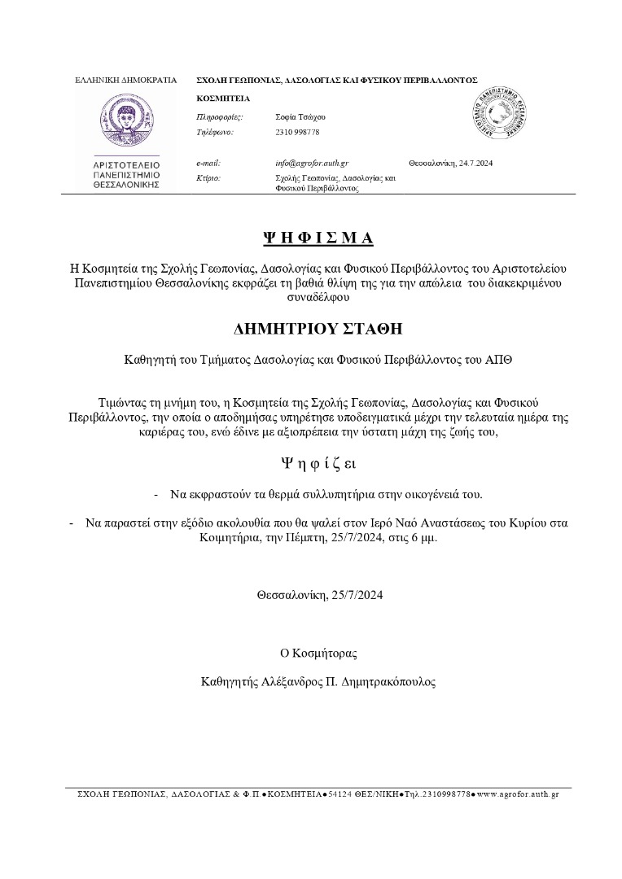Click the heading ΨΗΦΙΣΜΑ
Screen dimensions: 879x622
click(318, 238)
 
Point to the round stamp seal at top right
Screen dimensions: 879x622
click(502, 117)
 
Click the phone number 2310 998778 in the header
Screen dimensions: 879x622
click(297, 131)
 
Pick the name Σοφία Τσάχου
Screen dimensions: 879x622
click(300, 117)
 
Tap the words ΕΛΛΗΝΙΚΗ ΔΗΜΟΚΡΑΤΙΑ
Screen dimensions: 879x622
click(125, 81)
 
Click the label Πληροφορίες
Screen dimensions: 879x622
click(220, 117)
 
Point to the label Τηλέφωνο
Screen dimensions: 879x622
click(216, 131)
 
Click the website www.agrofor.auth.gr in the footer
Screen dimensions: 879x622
click(518, 794)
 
